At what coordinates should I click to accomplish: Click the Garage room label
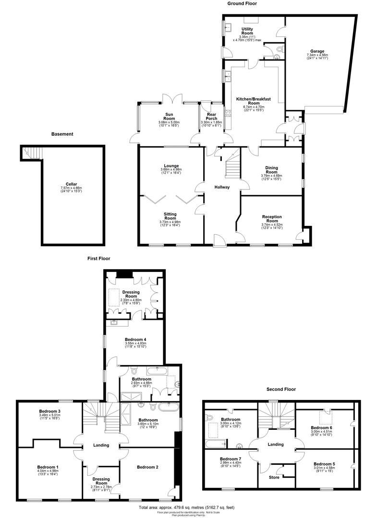point(317,51)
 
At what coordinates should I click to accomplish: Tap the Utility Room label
point(247,31)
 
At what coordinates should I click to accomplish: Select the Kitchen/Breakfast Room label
point(254,101)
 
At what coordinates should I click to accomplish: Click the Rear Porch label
point(211,117)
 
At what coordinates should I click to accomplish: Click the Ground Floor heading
point(242,3)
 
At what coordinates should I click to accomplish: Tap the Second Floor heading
point(281,389)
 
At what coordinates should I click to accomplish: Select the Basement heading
point(62,134)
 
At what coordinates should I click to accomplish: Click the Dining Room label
point(272,170)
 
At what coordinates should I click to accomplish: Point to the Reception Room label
point(272,219)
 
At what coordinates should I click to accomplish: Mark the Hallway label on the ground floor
point(222,187)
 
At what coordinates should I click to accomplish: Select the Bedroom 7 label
point(230,459)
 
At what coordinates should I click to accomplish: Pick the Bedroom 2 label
point(146,467)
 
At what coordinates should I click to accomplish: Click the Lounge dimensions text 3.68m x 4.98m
point(171,169)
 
